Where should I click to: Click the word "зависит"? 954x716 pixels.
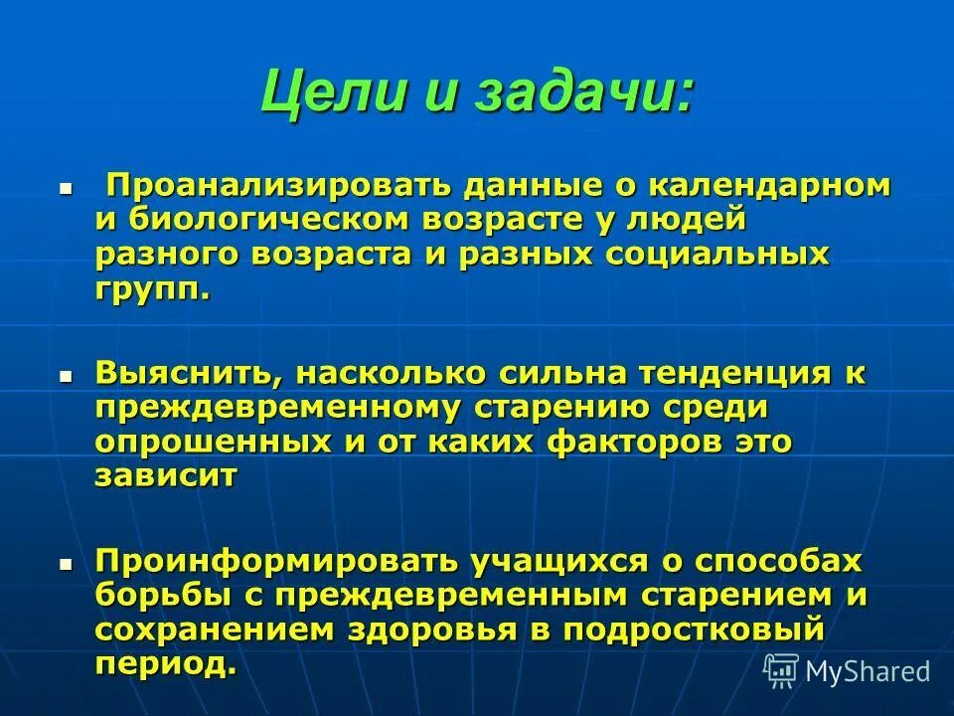coord(167,475)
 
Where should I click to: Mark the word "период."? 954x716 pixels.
coord(167,663)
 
